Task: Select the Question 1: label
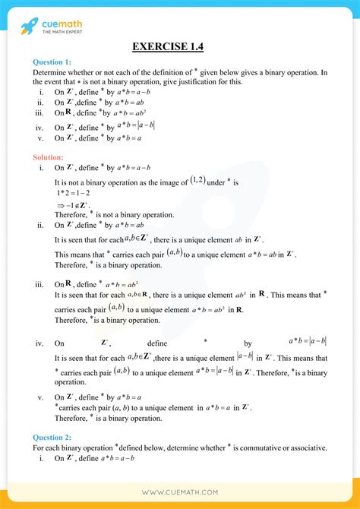pyautogui.click(x=53, y=62)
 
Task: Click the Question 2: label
pyautogui.click(x=53, y=438)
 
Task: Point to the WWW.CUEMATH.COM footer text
pyautogui.click(x=179, y=493)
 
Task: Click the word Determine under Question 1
pyautogui.click(x=49, y=72)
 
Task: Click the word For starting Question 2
pyautogui.click(x=39, y=448)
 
